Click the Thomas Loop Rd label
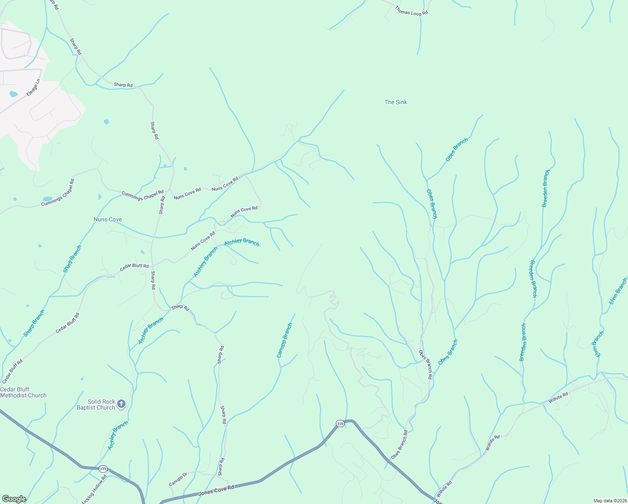[x=411, y=11]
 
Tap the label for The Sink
[x=395, y=102]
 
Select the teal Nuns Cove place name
[x=108, y=220]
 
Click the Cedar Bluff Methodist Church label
[x=23, y=392]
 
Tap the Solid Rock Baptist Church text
[x=96, y=404]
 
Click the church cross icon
[x=121, y=404]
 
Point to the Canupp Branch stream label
[x=284, y=340]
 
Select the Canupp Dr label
[x=178, y=479]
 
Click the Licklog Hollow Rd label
[x=94, y=489]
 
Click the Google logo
[x=14, y=499]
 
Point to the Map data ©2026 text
[x=610, y=501]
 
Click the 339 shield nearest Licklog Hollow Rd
[x=103, y=469]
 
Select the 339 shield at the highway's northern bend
[x=340, y=424]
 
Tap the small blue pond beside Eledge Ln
[x=14, y=94]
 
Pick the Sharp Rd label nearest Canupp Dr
[x=220, y=467]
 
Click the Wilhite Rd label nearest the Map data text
[x=444, y=489]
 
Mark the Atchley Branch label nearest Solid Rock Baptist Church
[x=118, y=436]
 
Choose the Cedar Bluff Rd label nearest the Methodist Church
[x=12, y=371]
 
